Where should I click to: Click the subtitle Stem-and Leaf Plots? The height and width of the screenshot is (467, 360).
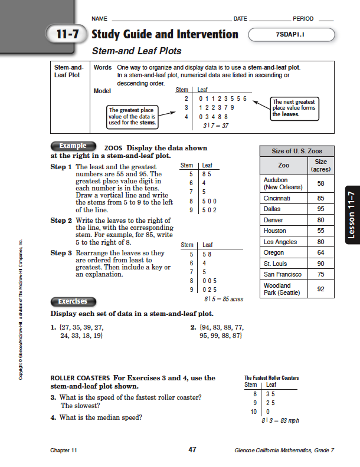tap(136, 51)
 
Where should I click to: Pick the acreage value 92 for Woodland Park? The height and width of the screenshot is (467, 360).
tap(320, 289)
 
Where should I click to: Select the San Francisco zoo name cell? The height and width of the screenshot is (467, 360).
tap(283, 274)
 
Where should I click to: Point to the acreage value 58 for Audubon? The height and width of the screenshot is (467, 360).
tap(320, 183)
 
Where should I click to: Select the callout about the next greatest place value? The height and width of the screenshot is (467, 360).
tap(294, 108)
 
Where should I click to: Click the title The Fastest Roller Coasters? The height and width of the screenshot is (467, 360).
tap(271, 378)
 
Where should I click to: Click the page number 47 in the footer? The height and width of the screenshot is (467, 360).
tap(192, 450)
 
